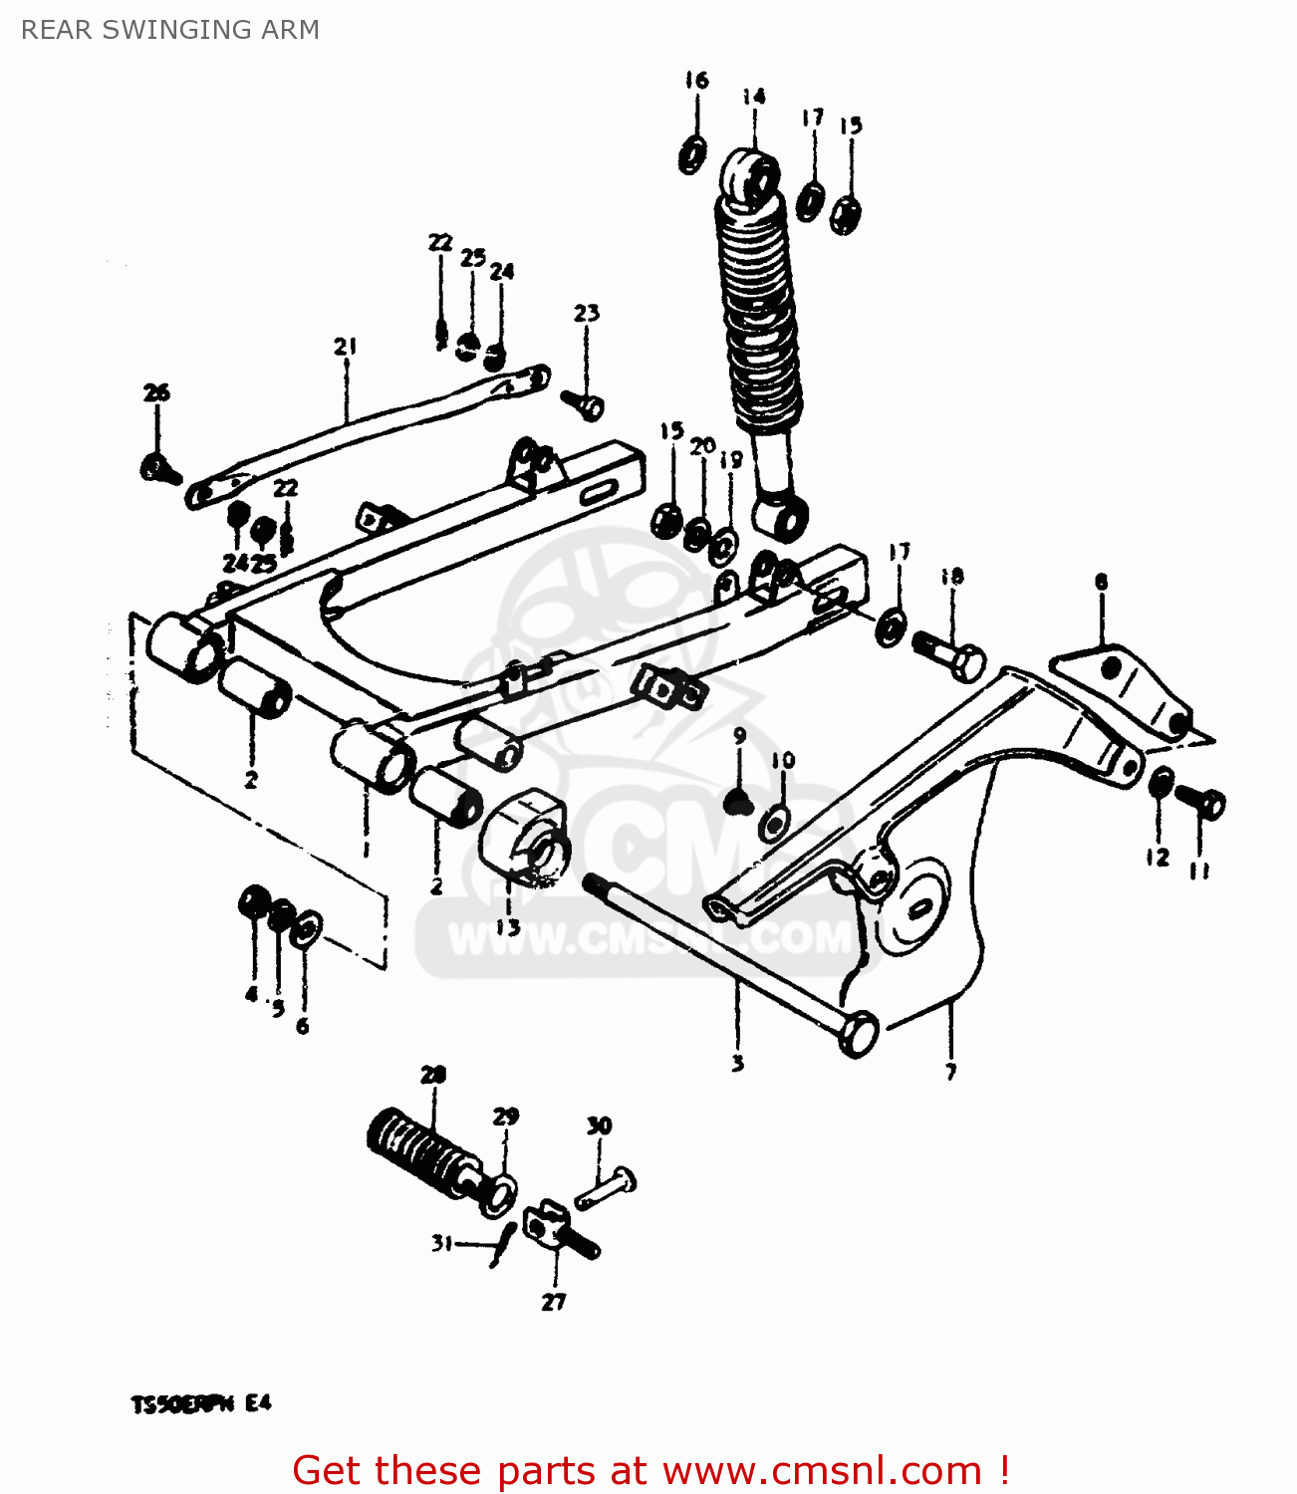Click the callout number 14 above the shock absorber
coord(753,97)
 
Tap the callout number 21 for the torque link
coord(345,347)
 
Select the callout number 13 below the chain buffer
coord(507,927)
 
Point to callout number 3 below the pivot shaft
coord(737,1064)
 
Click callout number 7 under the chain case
coord(950,1073)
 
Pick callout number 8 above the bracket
coord(1101,582)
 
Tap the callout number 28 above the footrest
coord(433,1075)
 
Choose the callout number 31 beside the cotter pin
coord(441,1243)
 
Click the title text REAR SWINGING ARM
coord(170,30)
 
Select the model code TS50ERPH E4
coord(201,1404)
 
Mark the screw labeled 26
coord(159,468)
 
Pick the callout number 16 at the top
coord(696,80)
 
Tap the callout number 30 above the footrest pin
coord(599,1126)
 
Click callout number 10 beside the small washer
coord(783,761)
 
